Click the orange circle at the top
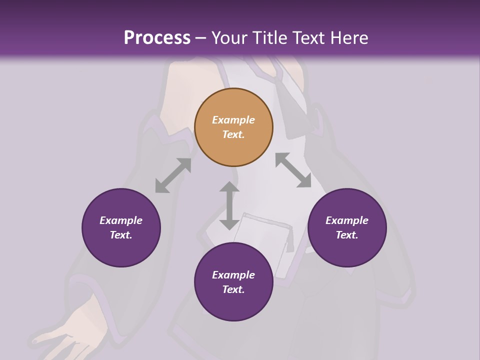coord(233,127)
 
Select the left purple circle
coord(121,227)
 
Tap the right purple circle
coord(347,227)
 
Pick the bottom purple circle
coord(233,282)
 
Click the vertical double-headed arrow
coord(229,205)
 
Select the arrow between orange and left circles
coord(173,175)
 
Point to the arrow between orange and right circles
coord(293,170)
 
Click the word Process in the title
coord(157,38)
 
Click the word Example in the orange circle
coord(233,120)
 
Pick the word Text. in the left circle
coord(121,235)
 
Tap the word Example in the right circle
coord(347,220)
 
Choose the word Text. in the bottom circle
coord(233,289)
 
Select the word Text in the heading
coord(311,38)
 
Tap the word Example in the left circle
coord(121,220)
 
